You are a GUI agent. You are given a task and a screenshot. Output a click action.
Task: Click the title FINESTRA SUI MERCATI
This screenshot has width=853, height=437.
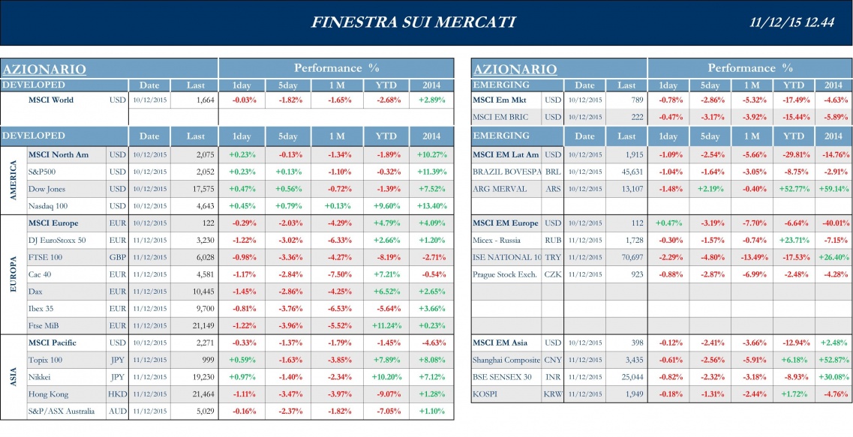[x=413, y=22]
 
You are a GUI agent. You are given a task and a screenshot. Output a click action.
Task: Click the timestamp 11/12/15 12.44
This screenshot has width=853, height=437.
[x=792, y=22]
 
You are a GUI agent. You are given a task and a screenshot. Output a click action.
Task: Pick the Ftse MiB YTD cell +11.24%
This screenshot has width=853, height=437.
[x=386, y=325]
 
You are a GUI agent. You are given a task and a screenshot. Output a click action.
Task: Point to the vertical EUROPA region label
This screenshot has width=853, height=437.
[x=13, y=274]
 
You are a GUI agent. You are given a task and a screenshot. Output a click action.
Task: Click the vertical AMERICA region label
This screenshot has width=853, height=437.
[x=13, y=181]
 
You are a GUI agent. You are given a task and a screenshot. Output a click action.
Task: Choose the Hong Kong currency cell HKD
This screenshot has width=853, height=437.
[x=117, y=394]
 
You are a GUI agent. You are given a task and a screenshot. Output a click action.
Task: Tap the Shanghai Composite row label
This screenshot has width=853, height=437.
[x=506, y=360]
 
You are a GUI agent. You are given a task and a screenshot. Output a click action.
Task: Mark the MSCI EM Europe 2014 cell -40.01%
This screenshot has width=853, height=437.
[x=833, y=223]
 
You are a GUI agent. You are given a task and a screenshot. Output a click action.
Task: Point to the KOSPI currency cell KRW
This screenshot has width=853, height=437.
[x=552, y=394]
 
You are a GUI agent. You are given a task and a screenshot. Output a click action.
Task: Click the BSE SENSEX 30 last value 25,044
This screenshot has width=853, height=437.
[x=629, y=377]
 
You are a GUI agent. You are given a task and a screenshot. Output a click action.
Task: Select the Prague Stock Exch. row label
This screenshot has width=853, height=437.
[x=505, y=274]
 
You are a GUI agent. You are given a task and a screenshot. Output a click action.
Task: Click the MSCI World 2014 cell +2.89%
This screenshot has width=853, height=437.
[x=431, y=100]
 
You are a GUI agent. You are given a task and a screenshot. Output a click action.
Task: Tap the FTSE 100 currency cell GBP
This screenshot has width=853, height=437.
[x=117, y=257]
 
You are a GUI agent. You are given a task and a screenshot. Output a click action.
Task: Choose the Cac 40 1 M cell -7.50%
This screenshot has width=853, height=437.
[x=341, y=274]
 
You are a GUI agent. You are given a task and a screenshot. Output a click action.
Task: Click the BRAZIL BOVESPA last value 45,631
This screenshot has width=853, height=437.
[x=629, y=172]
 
